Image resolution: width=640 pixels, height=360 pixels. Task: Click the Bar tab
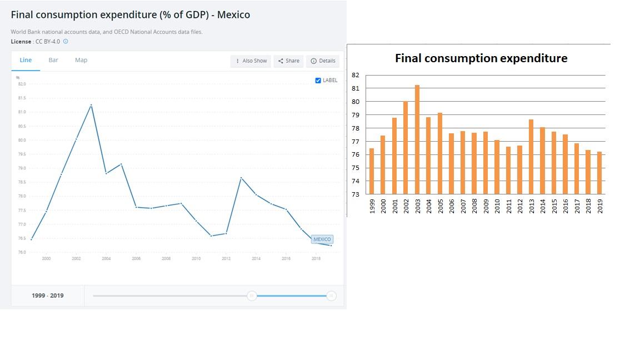53,60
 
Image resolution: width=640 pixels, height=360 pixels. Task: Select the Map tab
81,60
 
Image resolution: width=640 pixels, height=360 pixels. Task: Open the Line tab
26,60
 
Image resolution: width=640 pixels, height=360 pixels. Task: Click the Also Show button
251,61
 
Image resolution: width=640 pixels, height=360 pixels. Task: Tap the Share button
288,61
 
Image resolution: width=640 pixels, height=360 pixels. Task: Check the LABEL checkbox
318,81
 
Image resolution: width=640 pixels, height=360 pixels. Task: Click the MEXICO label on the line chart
322,239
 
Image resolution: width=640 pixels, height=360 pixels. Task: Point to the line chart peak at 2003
91,105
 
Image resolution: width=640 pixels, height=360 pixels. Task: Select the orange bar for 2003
417,139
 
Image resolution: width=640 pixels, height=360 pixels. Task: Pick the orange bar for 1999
372,171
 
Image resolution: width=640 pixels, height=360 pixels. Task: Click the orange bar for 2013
531,157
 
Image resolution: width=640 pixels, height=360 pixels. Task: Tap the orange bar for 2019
599,173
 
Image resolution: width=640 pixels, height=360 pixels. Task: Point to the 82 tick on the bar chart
356,75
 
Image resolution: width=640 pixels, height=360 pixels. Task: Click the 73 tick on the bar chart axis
356,194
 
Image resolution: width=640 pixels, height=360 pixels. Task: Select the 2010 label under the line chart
196,259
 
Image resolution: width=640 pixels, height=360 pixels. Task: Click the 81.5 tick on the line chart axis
22,98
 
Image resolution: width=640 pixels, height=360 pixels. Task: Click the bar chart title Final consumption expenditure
481,58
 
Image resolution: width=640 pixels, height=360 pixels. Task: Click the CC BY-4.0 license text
47,42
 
